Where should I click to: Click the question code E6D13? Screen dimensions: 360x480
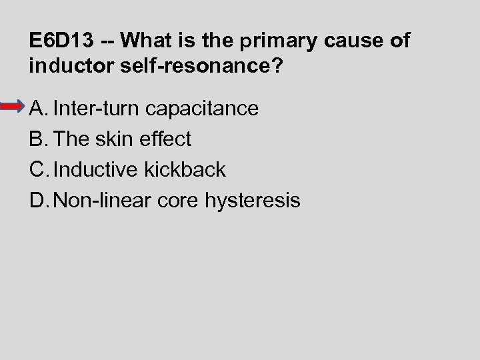[x=61, y=41]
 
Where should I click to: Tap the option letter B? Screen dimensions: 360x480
[x=37, y=139]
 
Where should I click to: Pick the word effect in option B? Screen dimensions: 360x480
[x=165, y=139]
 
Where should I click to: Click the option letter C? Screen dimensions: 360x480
[x=37, y=169]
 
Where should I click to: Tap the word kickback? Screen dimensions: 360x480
[x=185, y=169]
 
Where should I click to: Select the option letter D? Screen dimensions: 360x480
[x=37, y=200]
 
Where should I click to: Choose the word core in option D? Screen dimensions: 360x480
[x=179, y=200]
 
